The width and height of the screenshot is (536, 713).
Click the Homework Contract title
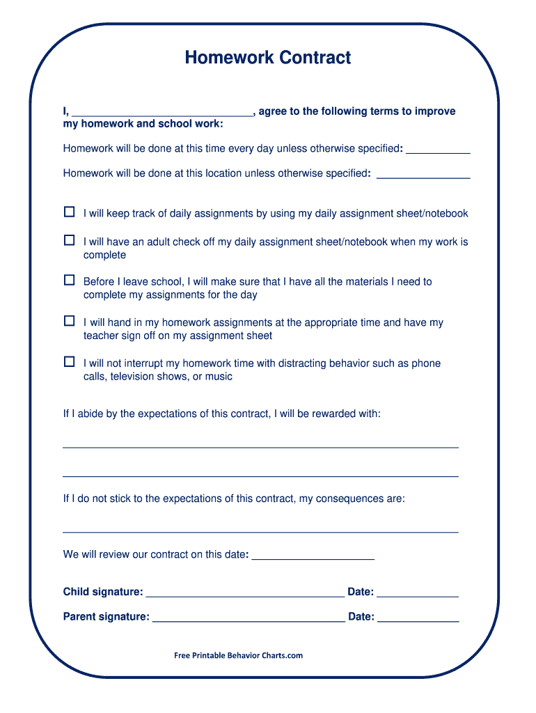(x=268, y=58)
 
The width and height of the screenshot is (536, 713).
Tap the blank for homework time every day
(x=438, y=149)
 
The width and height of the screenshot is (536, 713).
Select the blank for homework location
(x=423, y=174)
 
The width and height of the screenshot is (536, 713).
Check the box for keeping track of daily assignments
(x=69, y=212)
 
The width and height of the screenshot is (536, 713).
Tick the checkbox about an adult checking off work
(x=69, y=240)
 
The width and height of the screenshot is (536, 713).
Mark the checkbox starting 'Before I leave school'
(x=69, y=280)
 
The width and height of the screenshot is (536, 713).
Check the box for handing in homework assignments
(x=69, y=321)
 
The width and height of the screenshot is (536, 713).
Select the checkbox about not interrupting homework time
(x=69, y=361)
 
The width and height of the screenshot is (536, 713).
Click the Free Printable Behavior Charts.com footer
(x=239, y=655)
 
